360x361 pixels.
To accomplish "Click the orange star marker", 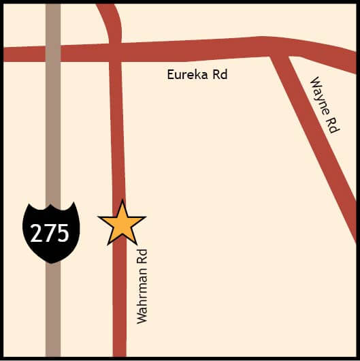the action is click(x=122, y=223).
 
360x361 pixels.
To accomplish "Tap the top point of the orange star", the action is click(x=122, y=201).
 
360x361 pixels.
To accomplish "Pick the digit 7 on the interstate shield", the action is click(x=50, y=233).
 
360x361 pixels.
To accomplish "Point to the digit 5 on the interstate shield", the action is click(x=63, y=233).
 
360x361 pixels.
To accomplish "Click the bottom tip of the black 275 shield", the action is click(x=51, y=262).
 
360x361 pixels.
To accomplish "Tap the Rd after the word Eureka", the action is click(x=219, y=74).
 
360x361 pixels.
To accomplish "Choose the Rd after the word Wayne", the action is click(x=333, y=123).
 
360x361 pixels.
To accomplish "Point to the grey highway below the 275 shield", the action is click(x=53, y=313).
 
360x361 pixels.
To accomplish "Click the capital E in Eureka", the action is click(x=171, y=74).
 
